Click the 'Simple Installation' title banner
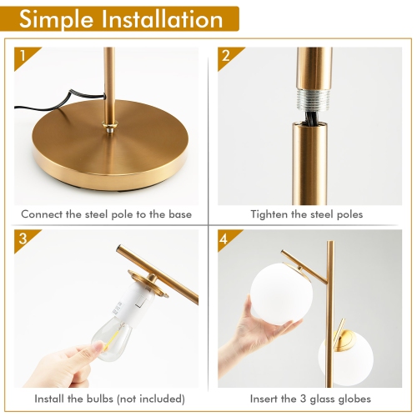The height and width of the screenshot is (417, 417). pyautogui.click(x=121, y=19)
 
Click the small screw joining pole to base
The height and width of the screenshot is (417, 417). pyautogui.click(x=108, y=128)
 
